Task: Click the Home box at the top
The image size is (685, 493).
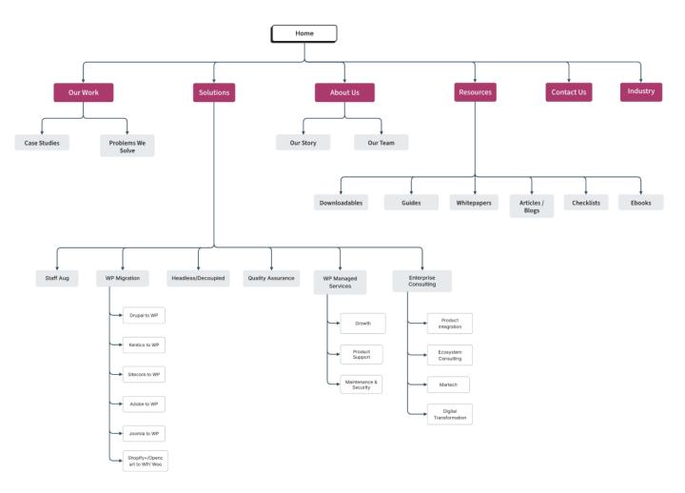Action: pyautogui.click(x=304, y=33)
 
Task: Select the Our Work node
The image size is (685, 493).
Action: pyautogui.click(x=83, y=92)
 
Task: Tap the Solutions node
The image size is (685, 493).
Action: pyautogui.click(x=214, y=92)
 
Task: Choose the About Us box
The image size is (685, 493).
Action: pyautogui.click(x=344, y=92)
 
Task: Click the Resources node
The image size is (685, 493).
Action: pyautogui.click(x=475, y=92)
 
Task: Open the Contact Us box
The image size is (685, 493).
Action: pyautogui.click(x=569, y=92)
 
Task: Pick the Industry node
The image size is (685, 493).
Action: pyautogui.click(x=641, y=91)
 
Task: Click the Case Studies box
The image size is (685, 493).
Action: pyautogui.click(x=41, y=143)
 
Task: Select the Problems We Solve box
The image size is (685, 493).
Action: pyautogui.click(x=127, y=146)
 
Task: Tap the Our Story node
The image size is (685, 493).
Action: pyautogui.click(x=303, y=143)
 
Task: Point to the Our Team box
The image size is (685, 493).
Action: pyautogui.click(x=381, y=143)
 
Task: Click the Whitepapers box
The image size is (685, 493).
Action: pyautogui.click(x=474, y=203)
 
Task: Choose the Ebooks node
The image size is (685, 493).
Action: pyautogui.click(x=640, y=203)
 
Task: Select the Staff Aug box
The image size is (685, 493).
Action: pyautogui.click(x=57, y=279)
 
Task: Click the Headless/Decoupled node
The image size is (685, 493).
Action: pyautogui.click(x=198, y=279)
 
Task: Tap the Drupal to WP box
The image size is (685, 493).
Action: pyautogui.click(x=145, y=315)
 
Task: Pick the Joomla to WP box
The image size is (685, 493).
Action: pyautogui.click(x=145, y=433)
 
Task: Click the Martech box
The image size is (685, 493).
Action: pyautogui.click(x=448, y=385)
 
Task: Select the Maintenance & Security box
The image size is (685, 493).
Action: pyautogui.click(x=362, y=385)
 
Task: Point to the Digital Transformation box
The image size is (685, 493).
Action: pyautogui.click(x=450, y=414)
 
